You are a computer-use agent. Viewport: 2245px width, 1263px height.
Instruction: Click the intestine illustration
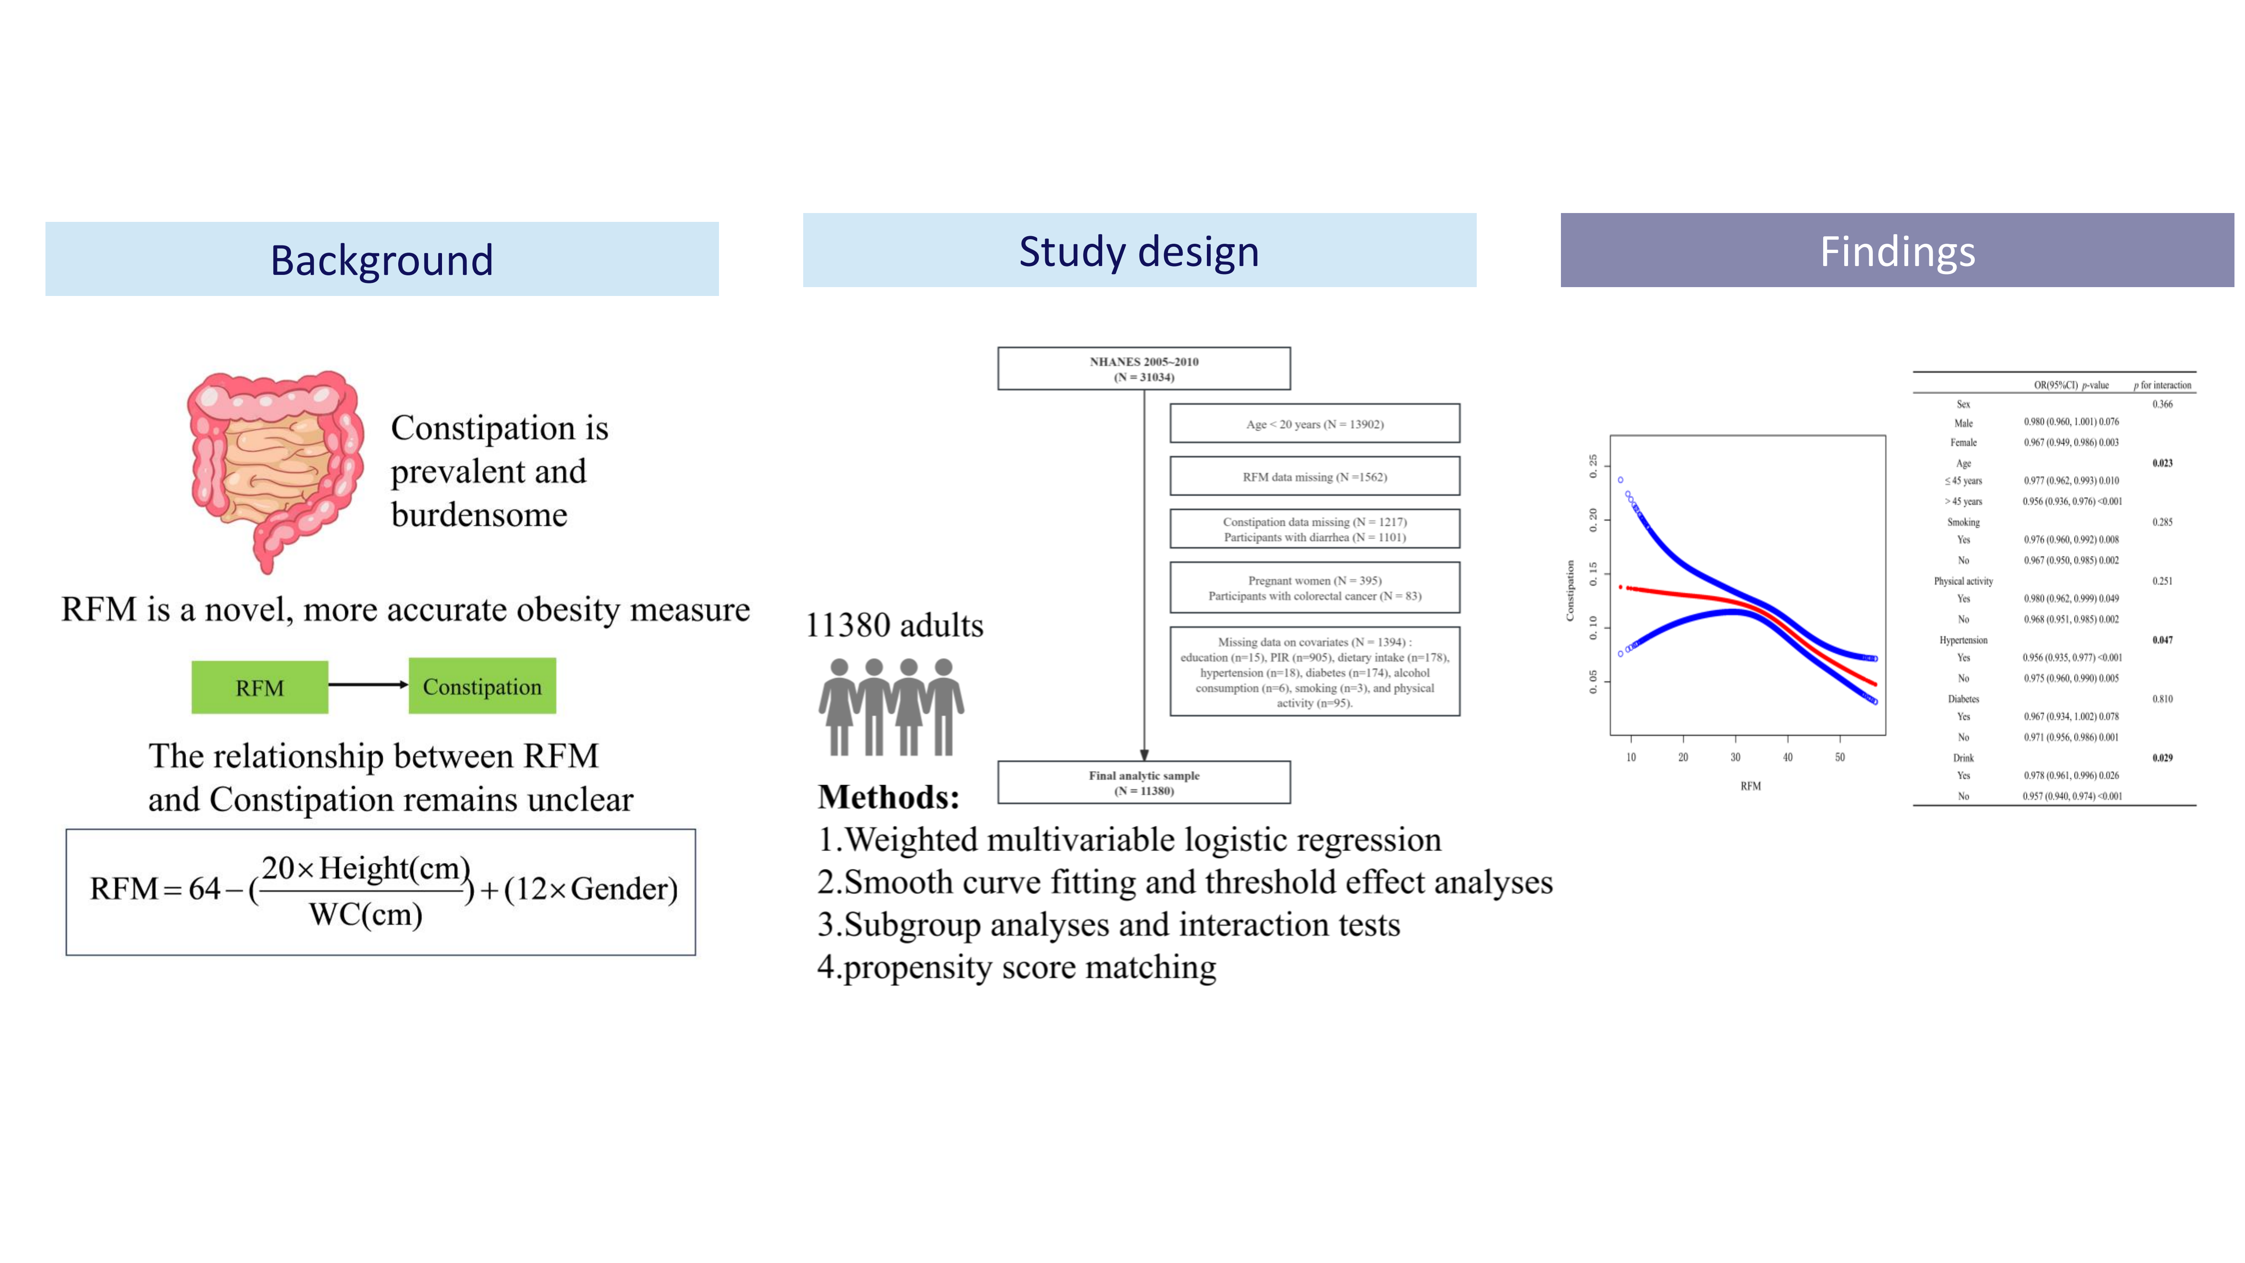coord(274,466)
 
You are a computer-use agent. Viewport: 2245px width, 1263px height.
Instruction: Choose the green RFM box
coord(260,687)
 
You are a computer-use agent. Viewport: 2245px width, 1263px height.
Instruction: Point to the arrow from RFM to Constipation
coord(368,684)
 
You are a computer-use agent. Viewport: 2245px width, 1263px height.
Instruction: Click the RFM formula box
coord(381,892)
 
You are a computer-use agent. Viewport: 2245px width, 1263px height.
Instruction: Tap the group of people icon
coord(891,706)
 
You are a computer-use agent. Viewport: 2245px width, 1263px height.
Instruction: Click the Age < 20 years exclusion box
coord(1314,424)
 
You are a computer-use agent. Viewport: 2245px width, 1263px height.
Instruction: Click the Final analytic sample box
coord(1143,782)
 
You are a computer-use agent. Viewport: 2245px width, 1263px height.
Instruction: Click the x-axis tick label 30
coord(1735,757)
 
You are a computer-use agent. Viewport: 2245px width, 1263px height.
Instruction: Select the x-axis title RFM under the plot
coord(1750,785)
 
